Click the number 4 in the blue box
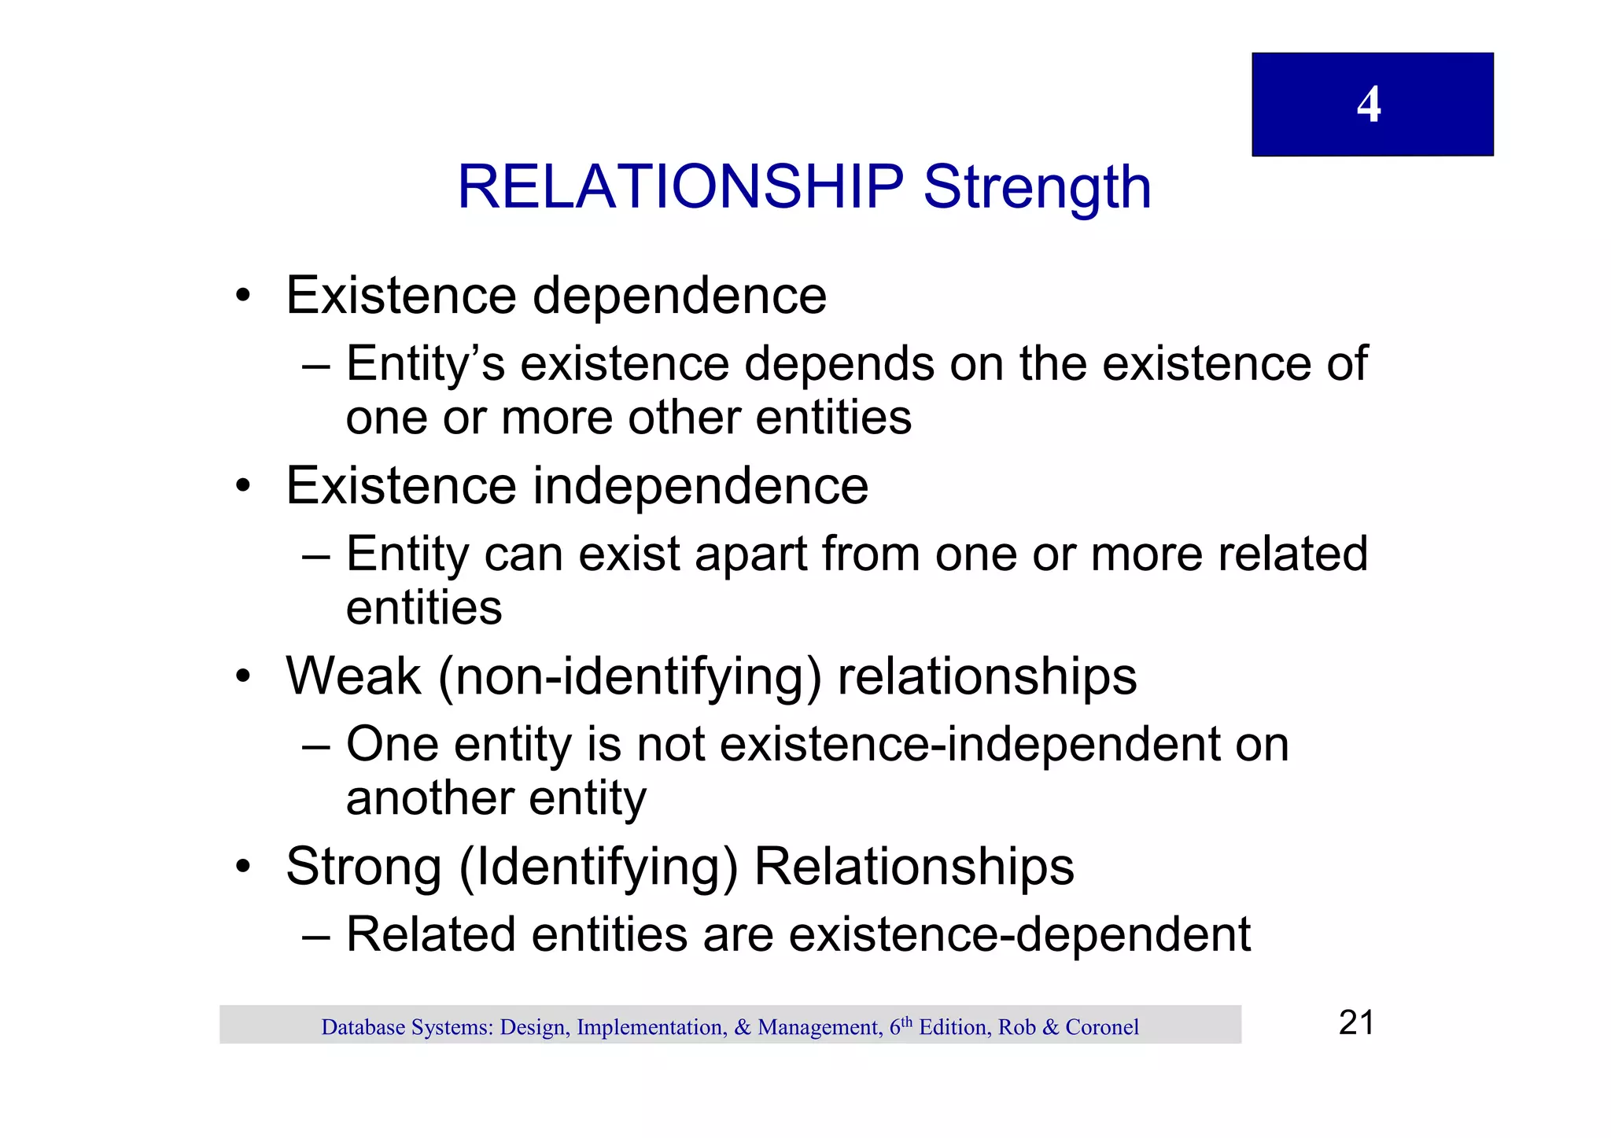(x=1369, y=105)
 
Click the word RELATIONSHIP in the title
(x=680, y=187)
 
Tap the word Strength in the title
(x=1037, y=187)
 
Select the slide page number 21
(x=1356, y=1023)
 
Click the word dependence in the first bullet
(x=680, y=296)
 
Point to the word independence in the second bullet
(x=701, y=486)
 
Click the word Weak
(x=353, y=676)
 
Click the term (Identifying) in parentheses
(x=598, y=868)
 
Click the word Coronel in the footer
(x=1102, y=1027)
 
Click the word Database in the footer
(x=363, y=1027)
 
